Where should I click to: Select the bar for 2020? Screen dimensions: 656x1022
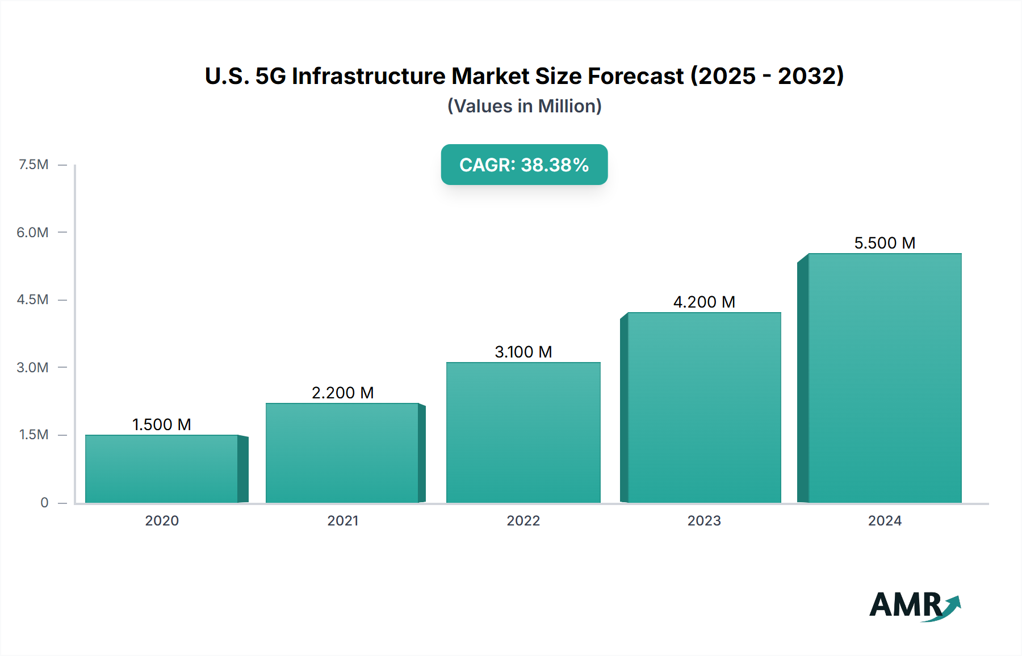162,469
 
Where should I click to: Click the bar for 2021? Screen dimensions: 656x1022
342,453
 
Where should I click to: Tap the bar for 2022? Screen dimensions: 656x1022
523,432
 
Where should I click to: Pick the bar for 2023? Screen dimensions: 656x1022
704,407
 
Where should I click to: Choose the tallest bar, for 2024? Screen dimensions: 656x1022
885,378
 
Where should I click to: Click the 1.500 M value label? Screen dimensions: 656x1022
162,424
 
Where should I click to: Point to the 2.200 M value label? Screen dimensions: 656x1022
342,393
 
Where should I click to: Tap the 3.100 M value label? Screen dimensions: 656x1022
523,352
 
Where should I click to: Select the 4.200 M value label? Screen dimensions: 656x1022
704,302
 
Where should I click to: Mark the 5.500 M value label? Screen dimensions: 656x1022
885,243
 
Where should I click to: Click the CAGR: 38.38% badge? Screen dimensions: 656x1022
524,165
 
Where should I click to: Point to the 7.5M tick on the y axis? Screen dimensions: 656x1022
33,165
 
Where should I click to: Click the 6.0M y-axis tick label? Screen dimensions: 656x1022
32,232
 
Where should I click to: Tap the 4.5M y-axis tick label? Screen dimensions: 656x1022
32,300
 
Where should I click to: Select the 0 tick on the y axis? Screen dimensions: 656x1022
44,502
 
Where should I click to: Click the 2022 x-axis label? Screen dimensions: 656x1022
523,520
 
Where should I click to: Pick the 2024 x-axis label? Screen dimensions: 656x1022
885,520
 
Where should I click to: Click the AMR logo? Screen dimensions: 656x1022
914,605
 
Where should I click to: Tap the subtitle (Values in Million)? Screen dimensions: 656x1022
524,106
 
